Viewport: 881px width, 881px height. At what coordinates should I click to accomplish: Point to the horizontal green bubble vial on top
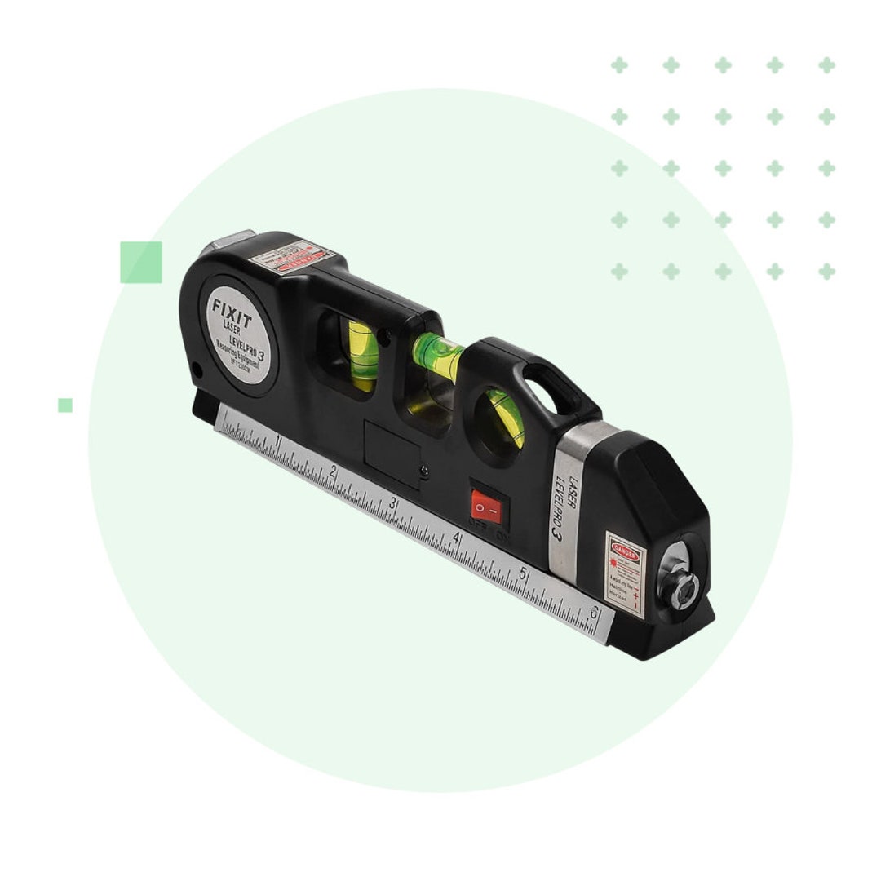point(437,356)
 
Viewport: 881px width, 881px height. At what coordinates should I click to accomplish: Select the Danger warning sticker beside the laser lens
point(625,574)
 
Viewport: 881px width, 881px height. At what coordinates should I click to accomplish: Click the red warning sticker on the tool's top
point(293,255)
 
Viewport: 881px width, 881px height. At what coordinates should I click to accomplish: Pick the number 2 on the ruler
point(333,471)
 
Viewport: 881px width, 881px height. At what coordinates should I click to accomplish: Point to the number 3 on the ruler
point(393,504)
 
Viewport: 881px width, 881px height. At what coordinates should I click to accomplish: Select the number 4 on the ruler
point(456,538)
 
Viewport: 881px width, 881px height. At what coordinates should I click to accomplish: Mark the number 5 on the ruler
point(523,573)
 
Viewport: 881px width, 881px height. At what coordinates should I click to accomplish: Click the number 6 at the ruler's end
point(595,611)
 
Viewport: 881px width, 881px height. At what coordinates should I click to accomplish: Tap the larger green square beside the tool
point(141,262)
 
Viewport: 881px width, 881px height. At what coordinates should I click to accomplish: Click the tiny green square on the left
point(65,405)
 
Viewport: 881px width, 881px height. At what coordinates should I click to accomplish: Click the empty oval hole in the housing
point(540,387)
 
